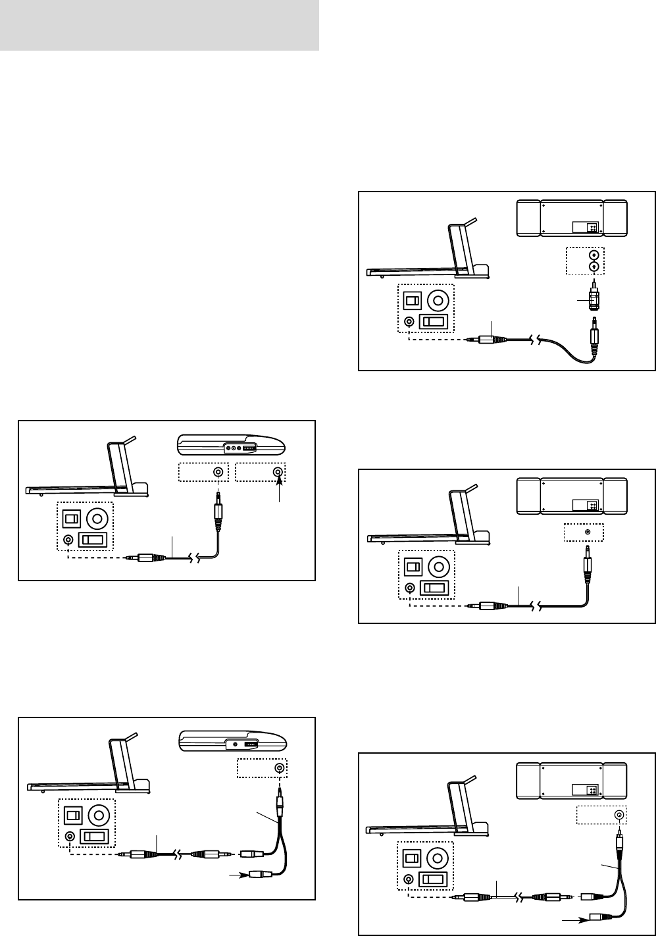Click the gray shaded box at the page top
pyautogui.click(x=159, y=25)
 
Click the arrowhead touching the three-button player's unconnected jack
pyautogui.click(x=280, y=481)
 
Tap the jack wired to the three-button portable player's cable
pyautogui.click(x=217, y=472)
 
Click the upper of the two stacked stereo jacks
pyautogui.click(x=594, y=255)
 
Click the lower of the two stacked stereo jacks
pyautogui.click(x=594, y=267)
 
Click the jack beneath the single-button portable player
pyautogui.click(x=280, y=767)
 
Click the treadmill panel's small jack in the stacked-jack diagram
pyautogui.click(x=410, y=322)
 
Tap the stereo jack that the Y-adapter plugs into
pyautogui.click(x=618, y=815)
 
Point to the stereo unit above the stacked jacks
pyautogui.click(x=570, y=218)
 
